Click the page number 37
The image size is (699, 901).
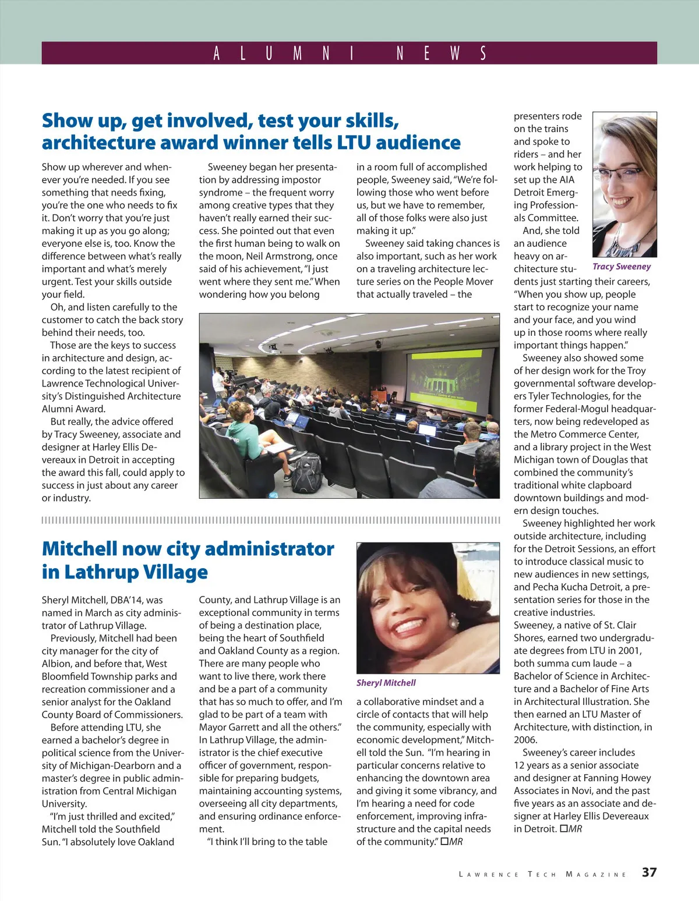coord(649,872)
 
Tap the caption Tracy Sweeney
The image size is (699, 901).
coord(622,267)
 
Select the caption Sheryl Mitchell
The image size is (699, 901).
coord(386,683)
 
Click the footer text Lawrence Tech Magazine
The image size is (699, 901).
coord(542,874)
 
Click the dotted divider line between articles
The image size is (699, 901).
coord(271,520)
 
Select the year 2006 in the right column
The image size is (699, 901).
coord(525,740)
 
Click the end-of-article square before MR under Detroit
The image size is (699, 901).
coord(563,829)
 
